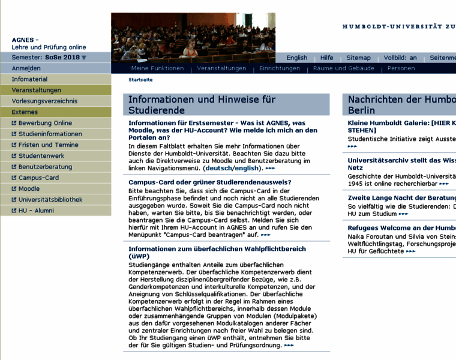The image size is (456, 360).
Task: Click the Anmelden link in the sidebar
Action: click(x=26, y=68)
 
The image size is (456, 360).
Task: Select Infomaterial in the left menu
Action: click(x=29, y=79)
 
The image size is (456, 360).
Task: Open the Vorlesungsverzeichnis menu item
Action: click(x=44, y=101)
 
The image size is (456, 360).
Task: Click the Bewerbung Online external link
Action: click(x=45, y=123)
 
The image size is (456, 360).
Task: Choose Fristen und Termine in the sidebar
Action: click(x=48, y=145)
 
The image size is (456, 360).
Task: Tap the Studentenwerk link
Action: click(x=41, y=156)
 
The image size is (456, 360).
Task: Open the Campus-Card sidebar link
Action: click(x=38, y=178)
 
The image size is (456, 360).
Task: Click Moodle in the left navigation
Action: click(x=29, y=188)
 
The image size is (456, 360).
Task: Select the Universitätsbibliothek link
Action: click(x=50, y=200)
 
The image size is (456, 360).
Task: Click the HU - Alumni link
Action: click(x=36, y=211)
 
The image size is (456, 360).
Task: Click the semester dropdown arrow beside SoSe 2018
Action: click(x=84, y=58)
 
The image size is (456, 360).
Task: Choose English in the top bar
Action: click(x=296, y=58)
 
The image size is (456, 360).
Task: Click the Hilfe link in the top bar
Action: click(x=326, y=58)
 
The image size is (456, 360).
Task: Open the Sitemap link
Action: click(x=358, y=58)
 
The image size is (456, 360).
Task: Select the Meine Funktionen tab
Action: click(x=157, y=68)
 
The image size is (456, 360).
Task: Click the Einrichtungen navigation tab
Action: click(x=280, y=68)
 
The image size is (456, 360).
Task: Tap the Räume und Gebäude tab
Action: click(x=343, y=68)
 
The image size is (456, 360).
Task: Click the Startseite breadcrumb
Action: click(x=140, y=80)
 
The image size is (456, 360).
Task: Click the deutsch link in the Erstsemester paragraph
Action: click(x=217, y=169)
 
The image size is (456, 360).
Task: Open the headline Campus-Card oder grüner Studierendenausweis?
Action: click(x=210, y=182)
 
